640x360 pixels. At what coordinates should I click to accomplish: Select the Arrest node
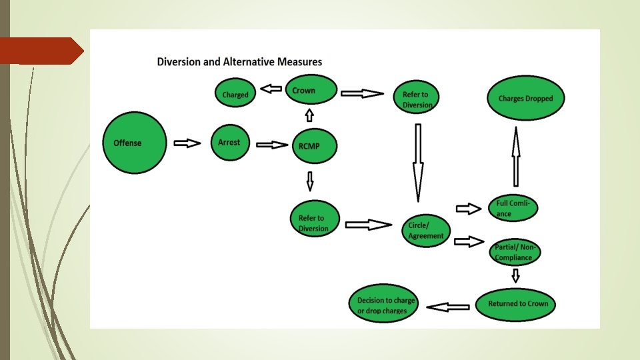coord(229,143)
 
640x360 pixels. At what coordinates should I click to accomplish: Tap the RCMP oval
coord(314,145)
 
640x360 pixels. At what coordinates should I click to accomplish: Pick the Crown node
coord(311,91)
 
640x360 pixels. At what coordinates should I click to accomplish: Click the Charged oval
coord(235,95)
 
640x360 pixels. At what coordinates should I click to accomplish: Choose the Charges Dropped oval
coord(525,99)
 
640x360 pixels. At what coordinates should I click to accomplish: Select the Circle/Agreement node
coord(426,231)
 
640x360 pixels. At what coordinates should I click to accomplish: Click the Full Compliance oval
coord(512,208)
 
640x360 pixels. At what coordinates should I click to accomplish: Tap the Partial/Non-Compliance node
coord(515,252)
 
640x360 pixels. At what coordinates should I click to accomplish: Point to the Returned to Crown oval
coord(518,304)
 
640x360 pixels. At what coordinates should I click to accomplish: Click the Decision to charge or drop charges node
coord(382,305)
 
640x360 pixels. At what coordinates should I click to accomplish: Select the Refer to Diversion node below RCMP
coord(315,222)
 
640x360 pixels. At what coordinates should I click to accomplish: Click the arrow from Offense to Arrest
coord(187,143)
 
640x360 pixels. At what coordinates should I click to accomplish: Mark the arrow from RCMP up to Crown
coord(309,115)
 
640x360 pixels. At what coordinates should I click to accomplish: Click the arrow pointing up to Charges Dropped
coord(515,157)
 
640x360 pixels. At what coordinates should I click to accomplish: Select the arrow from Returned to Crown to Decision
coord(447,307)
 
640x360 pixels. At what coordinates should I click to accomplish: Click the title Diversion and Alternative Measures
coord(239,62)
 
